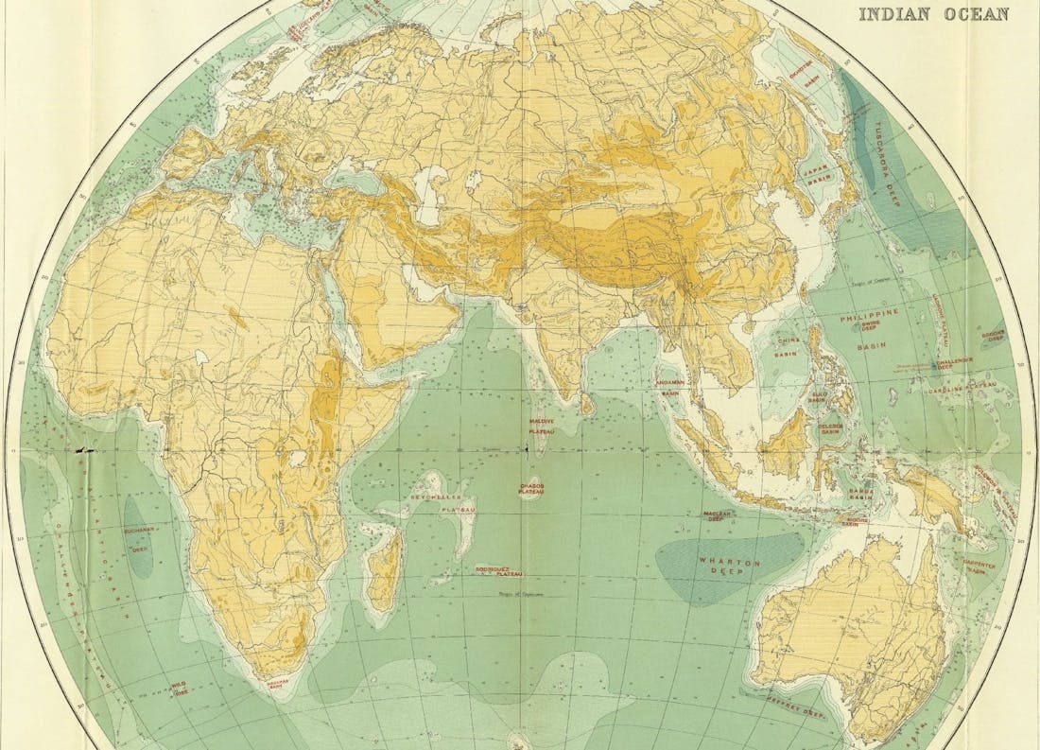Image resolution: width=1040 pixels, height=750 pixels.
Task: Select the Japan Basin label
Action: tap(815, 168)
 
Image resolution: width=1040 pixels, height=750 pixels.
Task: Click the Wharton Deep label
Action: tap(722, 566)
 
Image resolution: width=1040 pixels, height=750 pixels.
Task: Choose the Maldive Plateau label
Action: tap(542, 427)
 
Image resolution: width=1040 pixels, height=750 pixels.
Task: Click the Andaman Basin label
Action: tap(670, 389)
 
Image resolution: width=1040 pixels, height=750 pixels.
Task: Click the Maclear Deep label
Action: tap(718, 515)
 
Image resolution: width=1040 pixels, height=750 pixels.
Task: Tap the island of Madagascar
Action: tap(384, 572)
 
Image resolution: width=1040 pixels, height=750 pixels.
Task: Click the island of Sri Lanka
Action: tap(586, 405)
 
